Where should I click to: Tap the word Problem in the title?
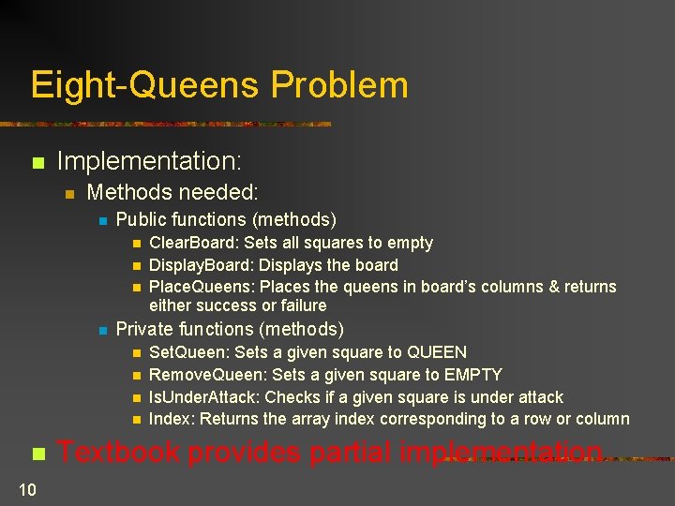tap(340, 85)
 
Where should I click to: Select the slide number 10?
tap(26, 487)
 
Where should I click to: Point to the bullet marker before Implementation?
tap(37, 163)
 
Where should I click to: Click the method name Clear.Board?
tap(189, 243)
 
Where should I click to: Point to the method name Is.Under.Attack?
tap(207, 397)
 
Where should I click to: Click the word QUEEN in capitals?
tap(436, 352)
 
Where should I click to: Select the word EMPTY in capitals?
tap(472, 375)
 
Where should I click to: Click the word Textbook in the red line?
tap(118, 453)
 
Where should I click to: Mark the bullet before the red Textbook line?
tap(37, 454)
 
